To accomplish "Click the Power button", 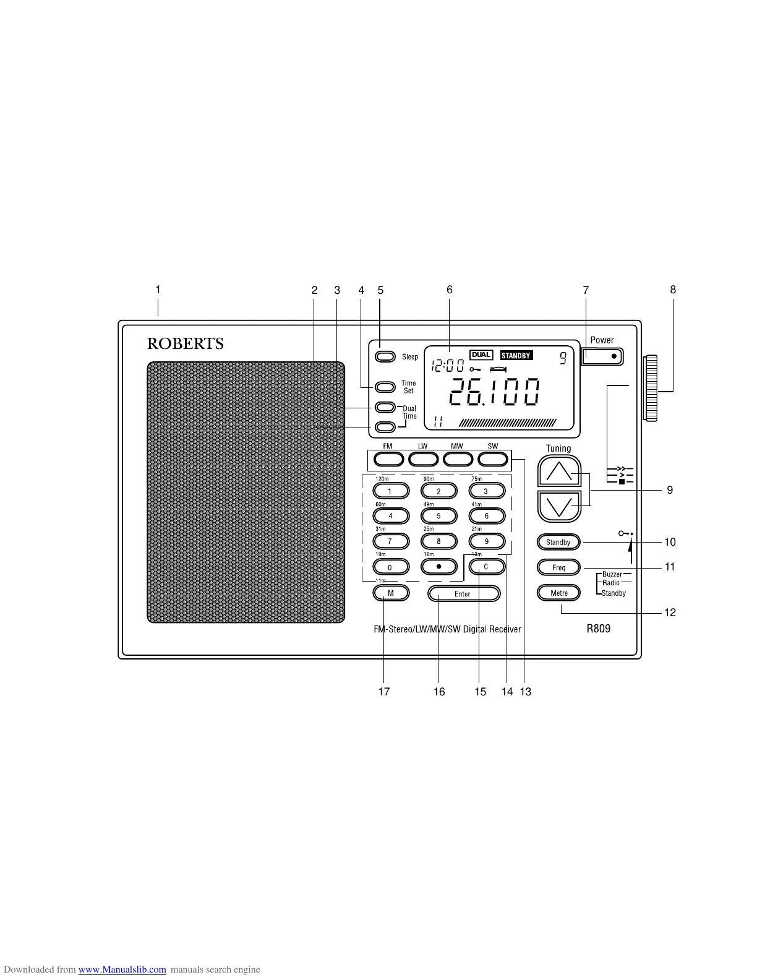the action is tap(602, 356).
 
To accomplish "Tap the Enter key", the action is tap(463, 594).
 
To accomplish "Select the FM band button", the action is tap(388, 459).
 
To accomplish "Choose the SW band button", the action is tap(493, 459).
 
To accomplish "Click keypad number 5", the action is tap(438, 516).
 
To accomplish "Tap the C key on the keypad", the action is tap(487, 567).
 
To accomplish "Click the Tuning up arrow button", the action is tap(559, 472).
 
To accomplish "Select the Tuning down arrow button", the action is tap(559, 507).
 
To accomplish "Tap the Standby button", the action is tap(558, 543).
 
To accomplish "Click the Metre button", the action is tap(558, 593).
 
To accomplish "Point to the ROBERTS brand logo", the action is tap(185, 344).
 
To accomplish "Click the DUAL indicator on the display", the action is tap(481, 355).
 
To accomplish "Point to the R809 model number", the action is tap(598, 629).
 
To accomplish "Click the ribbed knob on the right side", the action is tap(651, 389).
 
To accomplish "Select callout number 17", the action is tap(384, 692).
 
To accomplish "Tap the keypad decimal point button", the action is tap(438, 567).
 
